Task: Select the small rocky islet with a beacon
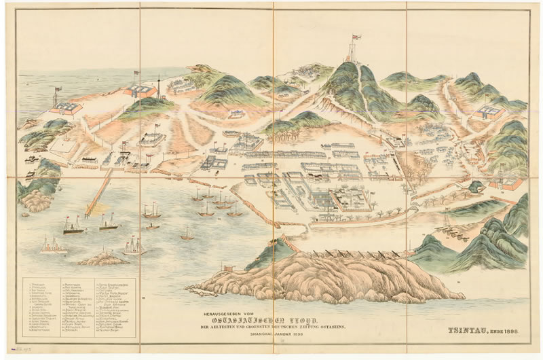[x=102, y=257]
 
